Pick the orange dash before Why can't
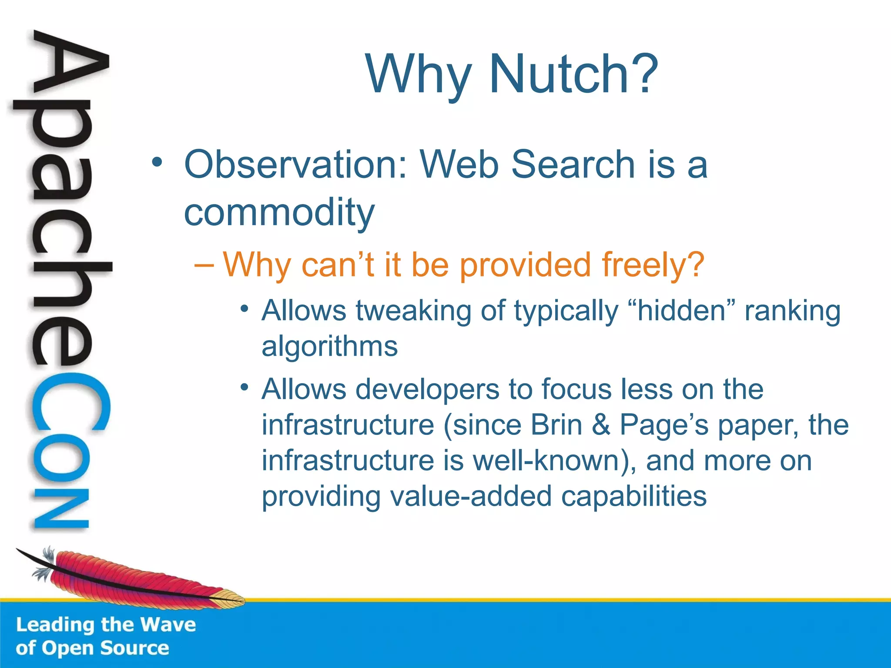[204, 264]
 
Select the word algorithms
[329, 347]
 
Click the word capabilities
[634, 496]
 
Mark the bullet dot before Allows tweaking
[245, 309]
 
